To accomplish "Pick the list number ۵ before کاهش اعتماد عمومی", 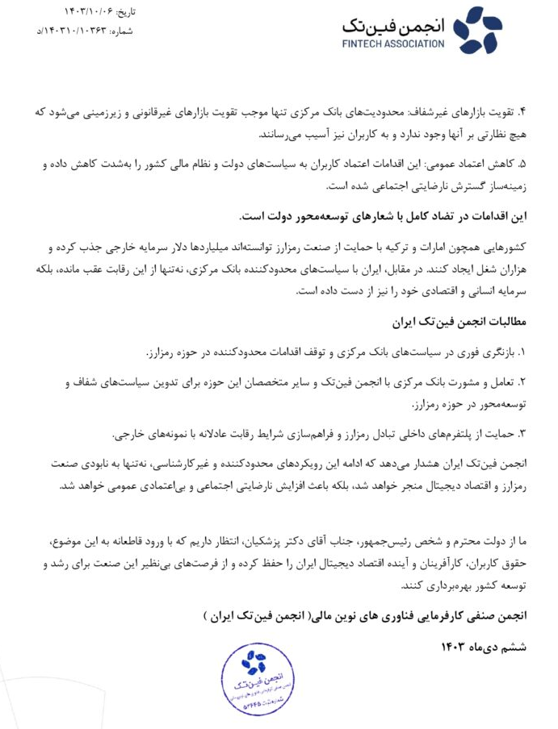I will coord(522,165).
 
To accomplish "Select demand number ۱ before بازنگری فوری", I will coord(522,352).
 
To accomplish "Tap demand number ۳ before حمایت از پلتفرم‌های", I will coord(522,433).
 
